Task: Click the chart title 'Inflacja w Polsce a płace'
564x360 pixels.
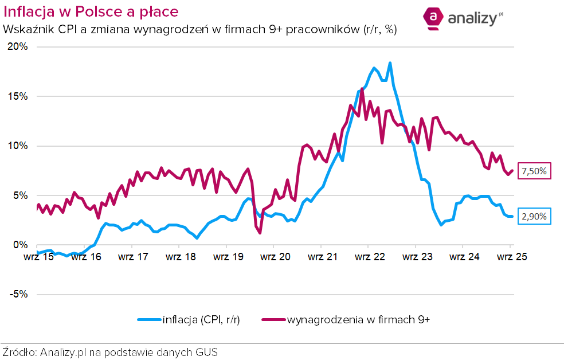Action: [91, 11]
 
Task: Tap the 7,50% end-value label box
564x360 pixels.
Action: [534, 171]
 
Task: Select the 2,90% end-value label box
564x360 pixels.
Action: [534, 216]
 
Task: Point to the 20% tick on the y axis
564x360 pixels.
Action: [17, 47]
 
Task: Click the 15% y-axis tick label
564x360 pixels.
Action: [17, 96]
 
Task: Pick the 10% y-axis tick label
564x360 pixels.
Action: [17, 146]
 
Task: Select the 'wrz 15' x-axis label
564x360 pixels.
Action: [39, 257]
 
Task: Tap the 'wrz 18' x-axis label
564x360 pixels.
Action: [181, 257]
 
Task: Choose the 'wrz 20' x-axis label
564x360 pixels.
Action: [275, 257]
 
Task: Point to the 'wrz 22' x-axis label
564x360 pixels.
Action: [370, 257]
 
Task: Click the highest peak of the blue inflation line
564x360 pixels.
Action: [390, 63]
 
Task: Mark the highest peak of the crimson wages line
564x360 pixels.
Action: [362, 89]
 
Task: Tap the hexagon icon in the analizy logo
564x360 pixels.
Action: [434, 18]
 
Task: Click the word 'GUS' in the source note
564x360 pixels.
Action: [206, 351]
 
